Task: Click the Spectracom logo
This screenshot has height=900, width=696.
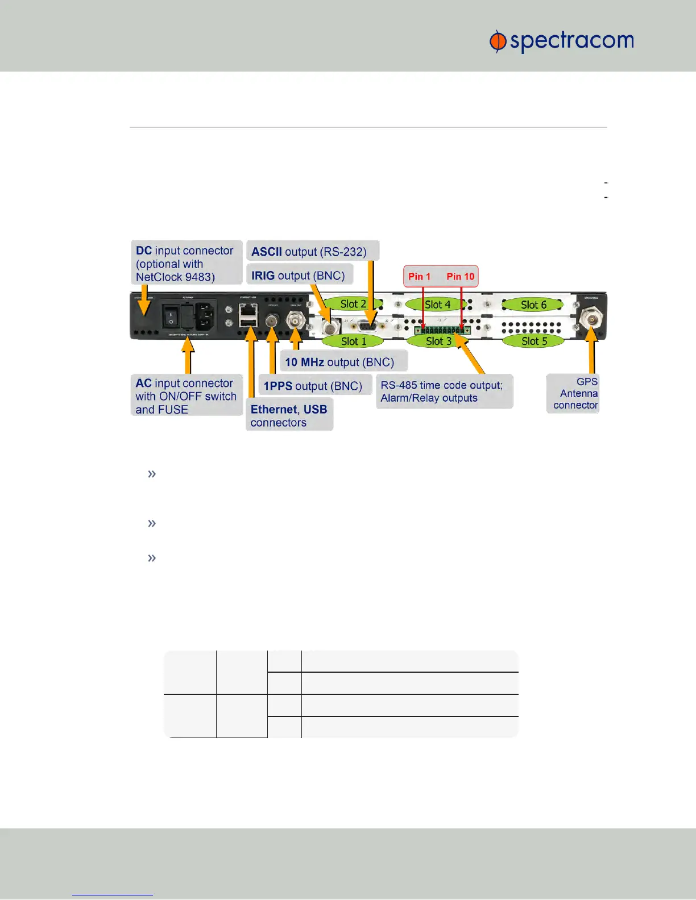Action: (561, 41)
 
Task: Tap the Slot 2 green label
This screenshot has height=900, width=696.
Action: (353, 304)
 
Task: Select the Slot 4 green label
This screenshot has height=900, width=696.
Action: (437, 305)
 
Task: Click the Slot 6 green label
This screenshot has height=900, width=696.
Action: (533, 305)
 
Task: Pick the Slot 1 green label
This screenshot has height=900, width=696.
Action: (353, 341)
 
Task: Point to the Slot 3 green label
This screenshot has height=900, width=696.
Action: (438, 341)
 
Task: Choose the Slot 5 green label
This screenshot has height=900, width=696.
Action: (534, 341)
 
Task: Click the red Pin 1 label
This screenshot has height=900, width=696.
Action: (420, 277)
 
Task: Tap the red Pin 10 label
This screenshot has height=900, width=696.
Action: (460, 277)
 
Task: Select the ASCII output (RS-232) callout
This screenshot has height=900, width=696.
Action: (312, 251)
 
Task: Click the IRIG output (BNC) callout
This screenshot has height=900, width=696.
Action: (299, 276)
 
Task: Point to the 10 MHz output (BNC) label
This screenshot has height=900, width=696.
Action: (343, 362)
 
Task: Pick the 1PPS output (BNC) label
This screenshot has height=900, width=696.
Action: (314, 386)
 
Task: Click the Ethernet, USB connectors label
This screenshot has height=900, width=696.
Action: (289, 416)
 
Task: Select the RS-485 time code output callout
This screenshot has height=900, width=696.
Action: (444, 391)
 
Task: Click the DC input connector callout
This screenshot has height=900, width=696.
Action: (186, 264)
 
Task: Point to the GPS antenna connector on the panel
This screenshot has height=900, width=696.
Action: (592, 319)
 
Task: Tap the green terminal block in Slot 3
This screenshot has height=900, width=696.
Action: (442, 330)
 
